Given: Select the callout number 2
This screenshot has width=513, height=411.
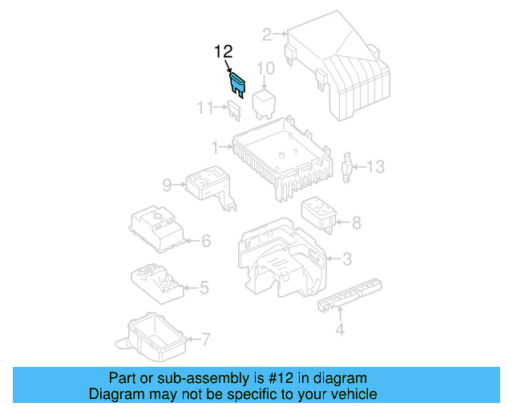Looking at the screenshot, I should click(x=266, y=35).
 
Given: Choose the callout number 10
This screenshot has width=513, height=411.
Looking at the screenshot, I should click(x=265, y=68).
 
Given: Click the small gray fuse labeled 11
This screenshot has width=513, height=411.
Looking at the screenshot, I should click(x=235, y=109).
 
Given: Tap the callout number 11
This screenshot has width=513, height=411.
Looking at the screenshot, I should click(x=205, y=107).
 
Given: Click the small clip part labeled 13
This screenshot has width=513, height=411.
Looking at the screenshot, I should click(x=349, y=166).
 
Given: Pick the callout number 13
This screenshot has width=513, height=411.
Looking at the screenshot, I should click(x=376, y=167).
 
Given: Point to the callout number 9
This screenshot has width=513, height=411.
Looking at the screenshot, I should click(x=168, y=185).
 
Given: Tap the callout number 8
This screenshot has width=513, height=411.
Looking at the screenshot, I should click(x=357, y=222).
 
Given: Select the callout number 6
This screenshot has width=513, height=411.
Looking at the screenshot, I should click(x=206, y=240).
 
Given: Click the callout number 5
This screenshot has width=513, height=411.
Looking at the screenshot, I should click(x=204, y=287).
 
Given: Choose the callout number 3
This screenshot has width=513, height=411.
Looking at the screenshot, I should click(x=346, y=258).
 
